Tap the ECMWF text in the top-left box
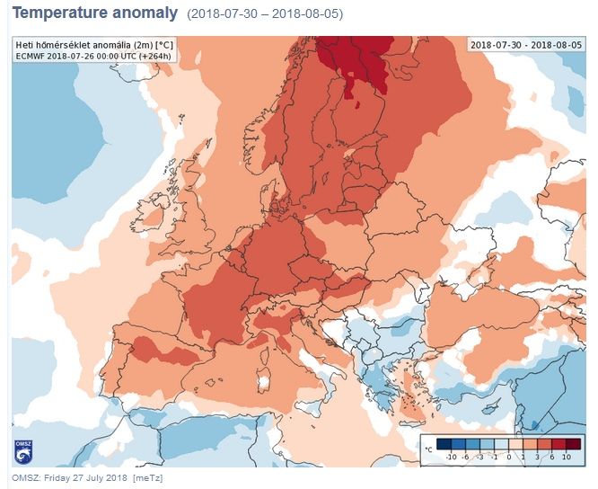click(31, 56)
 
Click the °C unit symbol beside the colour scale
click(430, 447)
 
